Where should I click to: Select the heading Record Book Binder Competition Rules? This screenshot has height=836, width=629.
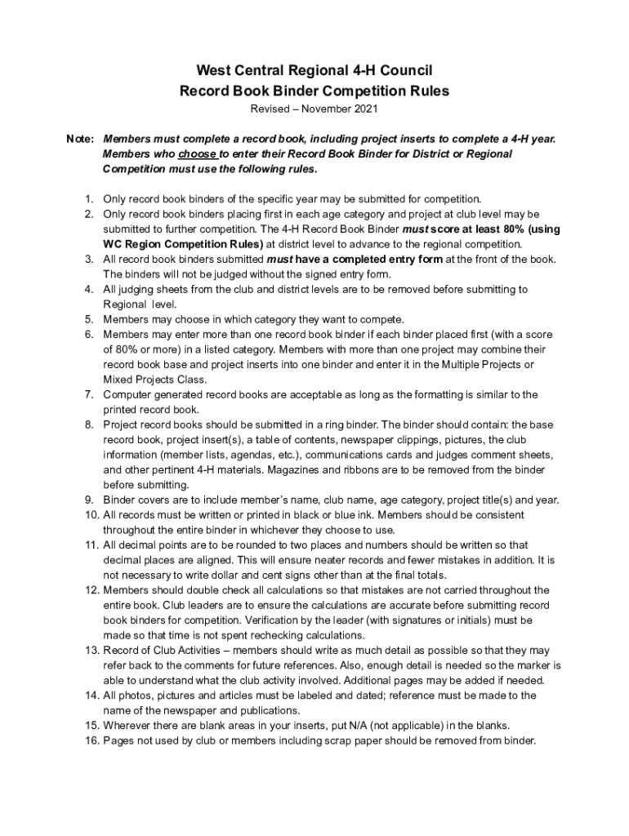314,91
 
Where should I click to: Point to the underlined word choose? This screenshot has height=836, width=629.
197,153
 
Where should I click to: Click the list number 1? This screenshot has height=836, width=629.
87,198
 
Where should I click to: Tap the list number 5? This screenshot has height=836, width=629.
87,319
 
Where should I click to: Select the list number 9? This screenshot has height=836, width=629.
87,500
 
